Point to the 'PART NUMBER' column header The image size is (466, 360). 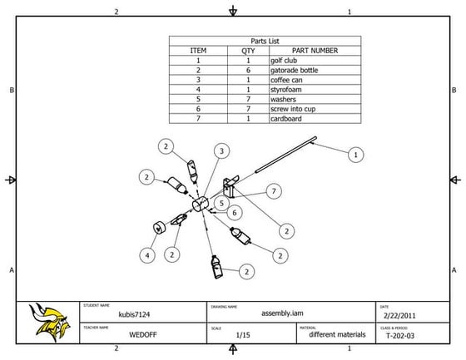click(x=315, y=51)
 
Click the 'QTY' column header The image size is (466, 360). click(x=248, y=51)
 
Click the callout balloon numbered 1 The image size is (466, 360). click(x=356, y=154)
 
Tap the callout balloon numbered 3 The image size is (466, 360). click(x=222, y=150)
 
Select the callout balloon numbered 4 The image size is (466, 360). click(x=148, y=255)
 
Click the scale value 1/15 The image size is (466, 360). click(x=244, y=336)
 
